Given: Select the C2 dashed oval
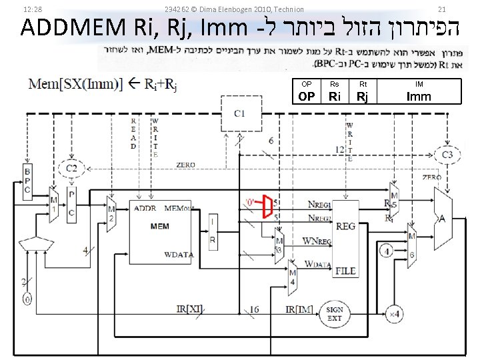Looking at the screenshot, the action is click(71, 169).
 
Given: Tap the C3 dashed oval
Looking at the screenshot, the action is click(447, 155).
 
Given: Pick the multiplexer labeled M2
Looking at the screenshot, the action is click(112, 214).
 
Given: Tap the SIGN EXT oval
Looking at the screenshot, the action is click(334, 313).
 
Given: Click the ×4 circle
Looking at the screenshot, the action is click(394, 313).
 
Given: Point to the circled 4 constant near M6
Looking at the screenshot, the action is click(386, 251).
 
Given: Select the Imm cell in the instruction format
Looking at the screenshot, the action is click(419, 96).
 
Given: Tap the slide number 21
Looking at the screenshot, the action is click(441, 9).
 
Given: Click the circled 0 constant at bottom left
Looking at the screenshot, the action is click(27, 300).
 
